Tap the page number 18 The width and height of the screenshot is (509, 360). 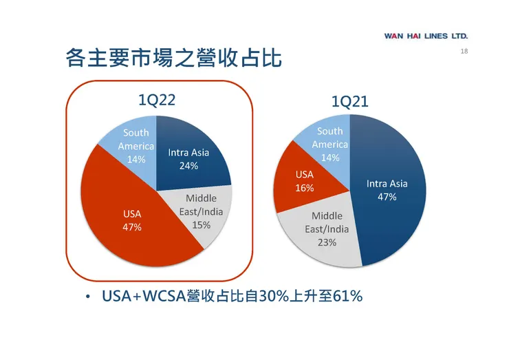point(464,53)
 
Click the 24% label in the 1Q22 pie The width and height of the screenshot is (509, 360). point(188,166)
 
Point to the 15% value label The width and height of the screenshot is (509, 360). point(201,225)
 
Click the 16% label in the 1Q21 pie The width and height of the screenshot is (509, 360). point(305,188)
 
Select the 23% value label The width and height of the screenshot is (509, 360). point(327,242)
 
